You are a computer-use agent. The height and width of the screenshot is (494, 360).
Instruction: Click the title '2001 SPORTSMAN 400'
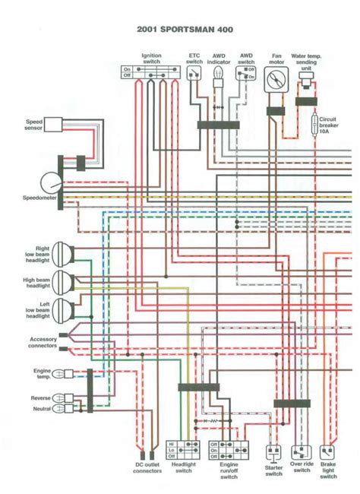(180, 29)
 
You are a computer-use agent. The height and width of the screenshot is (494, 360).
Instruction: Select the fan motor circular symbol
(276, 82)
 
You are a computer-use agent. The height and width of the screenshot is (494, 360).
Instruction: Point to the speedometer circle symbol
(52, 182)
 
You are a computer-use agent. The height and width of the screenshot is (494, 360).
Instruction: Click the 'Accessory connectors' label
(43, 343)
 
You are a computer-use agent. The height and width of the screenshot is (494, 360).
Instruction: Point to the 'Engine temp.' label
(43, 373)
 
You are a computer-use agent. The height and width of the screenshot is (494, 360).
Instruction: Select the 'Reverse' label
(41, 398)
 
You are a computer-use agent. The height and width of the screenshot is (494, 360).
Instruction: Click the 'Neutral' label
(42, 409)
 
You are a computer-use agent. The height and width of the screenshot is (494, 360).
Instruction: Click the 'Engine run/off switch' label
(229, 470)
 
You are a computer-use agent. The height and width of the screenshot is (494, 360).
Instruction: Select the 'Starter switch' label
(273, 470)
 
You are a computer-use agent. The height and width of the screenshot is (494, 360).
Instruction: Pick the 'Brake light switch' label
(330, 470)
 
